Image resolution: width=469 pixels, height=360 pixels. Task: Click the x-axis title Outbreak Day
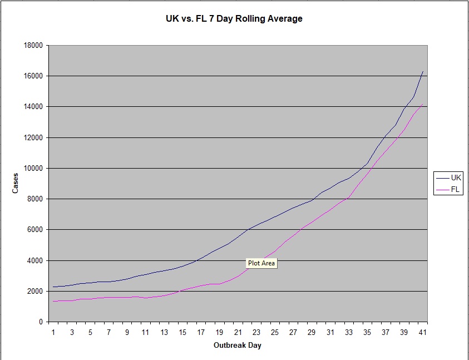[x=238, y=345]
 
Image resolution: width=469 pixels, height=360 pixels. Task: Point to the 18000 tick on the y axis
[x=33, y=46]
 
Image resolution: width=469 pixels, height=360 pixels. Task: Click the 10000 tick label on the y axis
[x=33, y=169]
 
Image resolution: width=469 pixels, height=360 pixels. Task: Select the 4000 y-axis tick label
[x=35, y=260]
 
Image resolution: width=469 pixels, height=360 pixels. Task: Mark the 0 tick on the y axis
[x=41, y=322]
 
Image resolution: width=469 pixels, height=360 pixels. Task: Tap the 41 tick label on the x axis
[x=423, y=333]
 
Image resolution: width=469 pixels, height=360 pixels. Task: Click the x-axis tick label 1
[x=54, y=333]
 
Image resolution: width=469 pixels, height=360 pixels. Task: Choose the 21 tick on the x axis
[x=238, y=333]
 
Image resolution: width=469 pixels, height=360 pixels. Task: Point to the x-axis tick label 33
[x=349, y=333]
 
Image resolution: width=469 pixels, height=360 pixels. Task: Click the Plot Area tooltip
[x=261, y=263]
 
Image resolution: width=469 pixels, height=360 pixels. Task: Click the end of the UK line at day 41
[x=423, y=72]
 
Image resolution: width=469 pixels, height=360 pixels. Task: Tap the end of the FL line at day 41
[x=423, y=104]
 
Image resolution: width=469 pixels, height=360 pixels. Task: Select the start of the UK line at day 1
[x=54, y=287]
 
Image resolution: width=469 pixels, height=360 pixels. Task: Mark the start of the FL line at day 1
[x=54, y=301]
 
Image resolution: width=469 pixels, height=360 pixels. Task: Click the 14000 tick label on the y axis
[x=33, y=107]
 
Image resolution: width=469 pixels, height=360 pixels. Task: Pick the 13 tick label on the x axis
[x=164, y=333]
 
